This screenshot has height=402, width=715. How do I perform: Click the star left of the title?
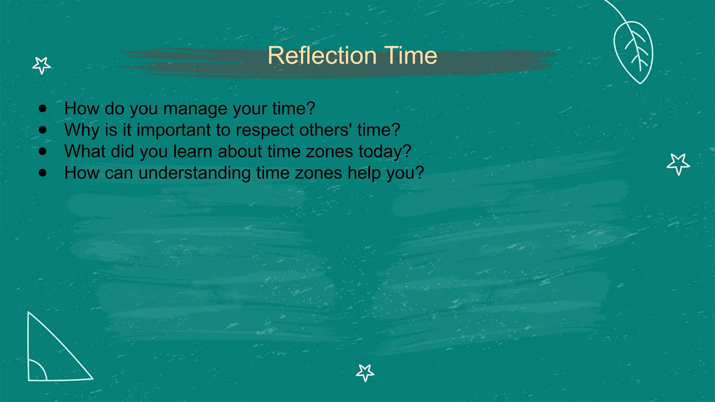[x=42, y=65]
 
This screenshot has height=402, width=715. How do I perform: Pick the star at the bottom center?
[x=365, y=372]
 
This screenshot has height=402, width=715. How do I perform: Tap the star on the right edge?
[x=678, y=164]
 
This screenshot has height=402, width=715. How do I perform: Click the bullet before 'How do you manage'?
[x=43, y=109]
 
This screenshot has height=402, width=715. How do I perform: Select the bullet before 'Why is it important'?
[x=43, y=130]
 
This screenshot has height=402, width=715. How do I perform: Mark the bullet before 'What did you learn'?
[x=43, y=151]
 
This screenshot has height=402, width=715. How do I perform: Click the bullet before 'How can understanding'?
[x=43, y=173]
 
